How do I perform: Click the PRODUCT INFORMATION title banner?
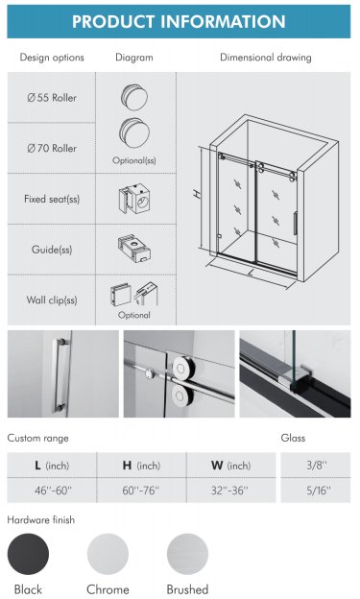[179, 21]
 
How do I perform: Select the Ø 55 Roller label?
[52, 98]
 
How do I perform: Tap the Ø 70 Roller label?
[52, 148]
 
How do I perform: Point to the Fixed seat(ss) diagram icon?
[133, 199]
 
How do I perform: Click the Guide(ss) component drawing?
[133, 249]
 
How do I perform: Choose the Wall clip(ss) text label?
[52, 299]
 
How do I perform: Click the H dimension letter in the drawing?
[197, 194]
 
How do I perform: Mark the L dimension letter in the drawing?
[251, 273]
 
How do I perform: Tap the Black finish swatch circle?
[28, 554]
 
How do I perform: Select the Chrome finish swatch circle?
[108, 554]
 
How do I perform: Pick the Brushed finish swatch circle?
[187, 554]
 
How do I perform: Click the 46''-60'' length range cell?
[52, 491]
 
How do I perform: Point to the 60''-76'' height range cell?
[141, 491]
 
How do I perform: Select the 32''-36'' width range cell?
[230, 491]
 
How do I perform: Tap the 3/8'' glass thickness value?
[317, 465]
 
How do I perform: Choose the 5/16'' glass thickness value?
[319, 491]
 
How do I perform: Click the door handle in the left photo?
[60, 375]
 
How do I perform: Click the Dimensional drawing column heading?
[266, 58]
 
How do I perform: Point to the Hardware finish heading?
[41, 520]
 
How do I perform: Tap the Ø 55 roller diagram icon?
[134, 97]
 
